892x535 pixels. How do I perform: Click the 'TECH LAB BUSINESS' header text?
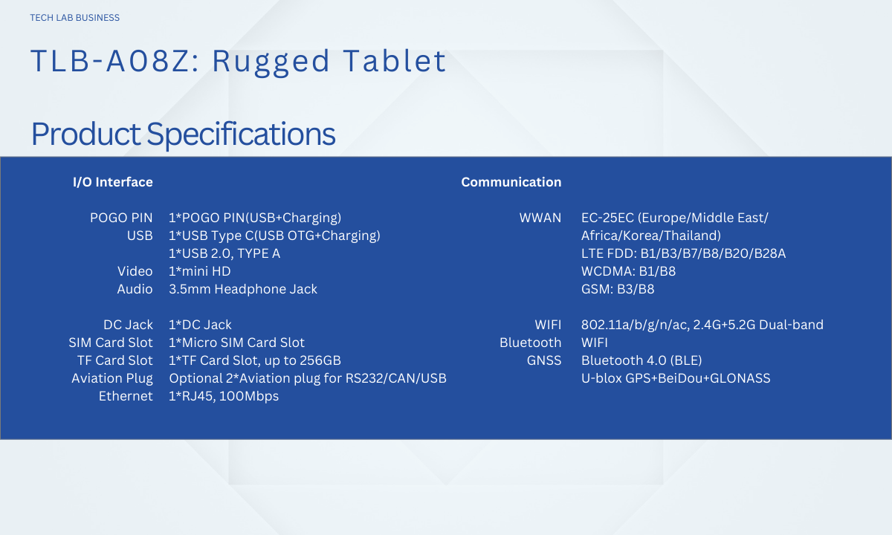pos(75,18)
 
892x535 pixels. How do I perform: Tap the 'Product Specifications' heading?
pos(183,134)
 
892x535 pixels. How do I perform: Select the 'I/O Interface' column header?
pos(113,182)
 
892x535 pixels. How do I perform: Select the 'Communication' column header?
pos(511,182)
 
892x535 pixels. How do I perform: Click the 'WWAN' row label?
pos(540,218)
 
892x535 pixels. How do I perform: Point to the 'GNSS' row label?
pos(544,360)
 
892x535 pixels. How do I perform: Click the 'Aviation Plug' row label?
pos(112,378)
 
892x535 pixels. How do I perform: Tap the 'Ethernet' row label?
pos(126,396)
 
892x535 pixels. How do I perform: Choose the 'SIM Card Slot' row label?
pos(110,343)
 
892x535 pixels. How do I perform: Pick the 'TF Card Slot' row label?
pos(114,360)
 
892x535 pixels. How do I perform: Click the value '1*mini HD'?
pos(199,271)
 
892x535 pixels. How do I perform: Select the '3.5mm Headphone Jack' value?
pos(243,289)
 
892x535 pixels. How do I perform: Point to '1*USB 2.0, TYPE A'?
pos(224,253)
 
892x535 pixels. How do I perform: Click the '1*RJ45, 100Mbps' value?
pos(224,396)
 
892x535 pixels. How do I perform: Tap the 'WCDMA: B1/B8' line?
pos(628,271)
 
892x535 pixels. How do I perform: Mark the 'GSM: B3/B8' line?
pos(618,289)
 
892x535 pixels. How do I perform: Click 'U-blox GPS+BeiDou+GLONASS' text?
pos(676,378)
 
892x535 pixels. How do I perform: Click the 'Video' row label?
pos(135,271)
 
